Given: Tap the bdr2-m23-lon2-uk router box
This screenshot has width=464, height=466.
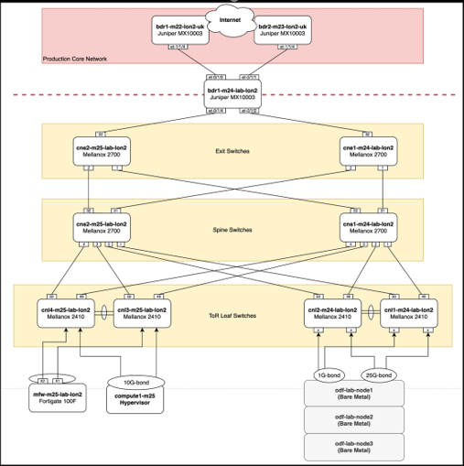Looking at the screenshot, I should point(284,32).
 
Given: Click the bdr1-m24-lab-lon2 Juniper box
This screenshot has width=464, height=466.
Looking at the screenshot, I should point(232,91).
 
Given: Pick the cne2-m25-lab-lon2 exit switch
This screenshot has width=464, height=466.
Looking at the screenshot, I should point(100,150).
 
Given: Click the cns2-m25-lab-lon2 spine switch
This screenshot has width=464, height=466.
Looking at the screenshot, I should point(100,227).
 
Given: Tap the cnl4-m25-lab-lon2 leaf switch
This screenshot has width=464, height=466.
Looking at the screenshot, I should point(65,315).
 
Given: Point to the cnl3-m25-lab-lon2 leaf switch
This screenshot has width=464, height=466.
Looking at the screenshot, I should point(141,315).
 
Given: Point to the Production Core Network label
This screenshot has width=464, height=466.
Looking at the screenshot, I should point(74,59).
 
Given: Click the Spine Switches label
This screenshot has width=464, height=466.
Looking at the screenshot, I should point(233,229).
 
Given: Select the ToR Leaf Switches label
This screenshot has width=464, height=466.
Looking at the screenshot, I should point(233,316).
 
